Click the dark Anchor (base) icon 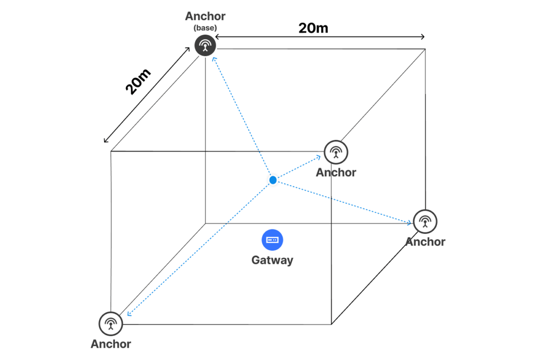205,45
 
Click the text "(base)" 205,28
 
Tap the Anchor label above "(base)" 205,17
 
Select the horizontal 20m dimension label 313,28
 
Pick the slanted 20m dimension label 138,82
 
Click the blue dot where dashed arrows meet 273,180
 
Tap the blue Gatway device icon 272,240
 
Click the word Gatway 272,260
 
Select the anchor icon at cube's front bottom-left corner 110,323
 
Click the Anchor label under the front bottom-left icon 111,344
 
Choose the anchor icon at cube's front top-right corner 336,152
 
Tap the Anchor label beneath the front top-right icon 336,172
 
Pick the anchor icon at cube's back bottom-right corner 425,221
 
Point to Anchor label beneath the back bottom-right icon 425,242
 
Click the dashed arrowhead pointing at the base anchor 214,58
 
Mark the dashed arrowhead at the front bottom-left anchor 128,314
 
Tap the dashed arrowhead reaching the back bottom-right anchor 409,222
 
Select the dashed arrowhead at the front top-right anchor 319,157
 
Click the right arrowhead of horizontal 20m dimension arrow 422,37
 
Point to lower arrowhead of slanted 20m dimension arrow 105,141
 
